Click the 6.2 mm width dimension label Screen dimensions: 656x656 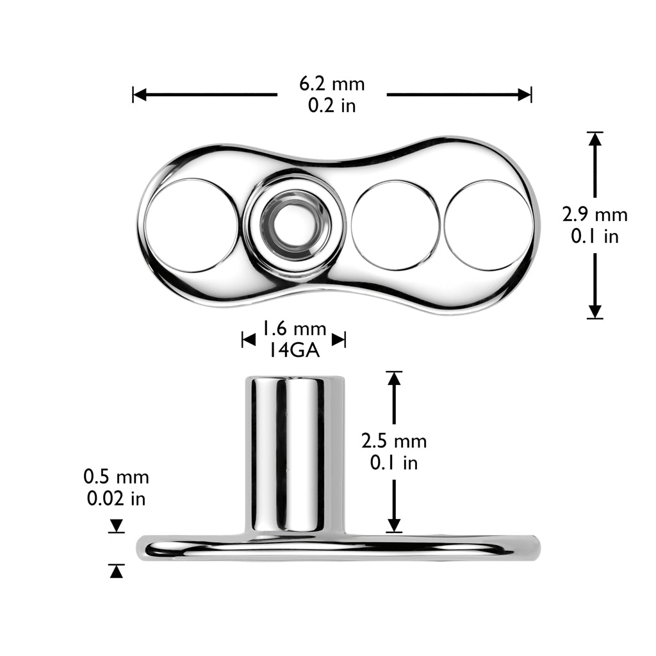(332, 84)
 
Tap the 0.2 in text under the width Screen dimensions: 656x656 (332, 106)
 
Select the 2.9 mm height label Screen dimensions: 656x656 (594, 215)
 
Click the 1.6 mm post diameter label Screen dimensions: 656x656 (293, 329)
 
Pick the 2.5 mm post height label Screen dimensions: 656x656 (394, 441)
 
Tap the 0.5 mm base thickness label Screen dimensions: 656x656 (116, 477)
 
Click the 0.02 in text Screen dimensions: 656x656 (116, 498)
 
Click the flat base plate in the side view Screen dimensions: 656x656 (338, 548)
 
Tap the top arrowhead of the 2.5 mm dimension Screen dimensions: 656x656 (394, 379)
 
